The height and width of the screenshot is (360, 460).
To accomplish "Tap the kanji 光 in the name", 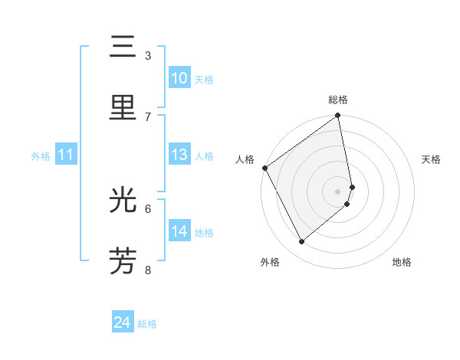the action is pos(123,201).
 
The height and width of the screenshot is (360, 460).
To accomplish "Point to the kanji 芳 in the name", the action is pos(123,260).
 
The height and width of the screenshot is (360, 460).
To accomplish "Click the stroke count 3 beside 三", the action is pos(148,56).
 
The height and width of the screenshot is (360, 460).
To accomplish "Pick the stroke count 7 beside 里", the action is pos(148,116).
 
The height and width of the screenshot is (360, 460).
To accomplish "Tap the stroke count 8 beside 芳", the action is pos(148,269).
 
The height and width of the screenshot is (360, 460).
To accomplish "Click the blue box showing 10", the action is pos(179,78).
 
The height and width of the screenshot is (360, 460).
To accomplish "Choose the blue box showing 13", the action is pos(179,155).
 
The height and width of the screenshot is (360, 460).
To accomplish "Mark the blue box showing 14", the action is pos(179,231).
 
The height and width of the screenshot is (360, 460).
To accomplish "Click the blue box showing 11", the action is pos(66,155).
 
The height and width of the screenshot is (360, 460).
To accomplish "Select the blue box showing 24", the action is pos(123,322).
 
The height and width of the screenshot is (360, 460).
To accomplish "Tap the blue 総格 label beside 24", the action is pos(147,324).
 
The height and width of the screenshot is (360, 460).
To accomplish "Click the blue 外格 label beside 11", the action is pos(41,156).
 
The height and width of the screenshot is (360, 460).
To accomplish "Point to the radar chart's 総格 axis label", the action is pos(338,100).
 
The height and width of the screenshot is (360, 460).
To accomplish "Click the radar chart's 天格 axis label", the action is pos(432,159).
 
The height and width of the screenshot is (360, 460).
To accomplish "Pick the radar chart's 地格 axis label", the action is pos(402,262).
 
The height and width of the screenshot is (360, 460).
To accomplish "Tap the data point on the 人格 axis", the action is pos(264,168).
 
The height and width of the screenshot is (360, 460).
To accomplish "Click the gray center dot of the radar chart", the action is pos(338,191).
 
